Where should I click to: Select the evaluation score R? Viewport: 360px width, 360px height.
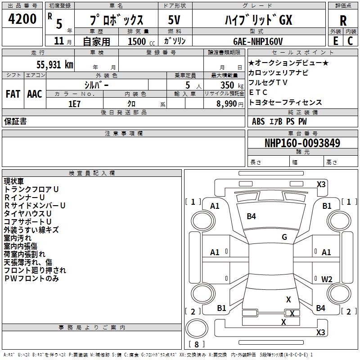(x=343, y=20)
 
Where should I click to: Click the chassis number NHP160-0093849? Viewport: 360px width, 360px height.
(x=302, y=144)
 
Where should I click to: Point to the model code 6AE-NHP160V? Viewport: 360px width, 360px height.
(x=258, y=41)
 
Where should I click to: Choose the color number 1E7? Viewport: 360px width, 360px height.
(x=74, y=103)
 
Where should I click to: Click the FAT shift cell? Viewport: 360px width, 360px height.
(x=13, y=94)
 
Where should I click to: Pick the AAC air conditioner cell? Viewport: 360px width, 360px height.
(x=35, y=94)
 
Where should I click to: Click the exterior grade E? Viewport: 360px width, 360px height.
(x=335, y=40)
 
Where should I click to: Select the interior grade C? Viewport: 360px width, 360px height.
(x=351, y=40)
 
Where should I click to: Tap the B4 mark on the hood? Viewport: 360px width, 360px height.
(x=251, y=216)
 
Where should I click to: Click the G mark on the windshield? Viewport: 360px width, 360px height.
(x=284, y=237)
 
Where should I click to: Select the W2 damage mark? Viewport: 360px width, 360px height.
(x=327, y=279)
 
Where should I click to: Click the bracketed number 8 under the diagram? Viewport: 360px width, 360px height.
(x=196, y=345)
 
